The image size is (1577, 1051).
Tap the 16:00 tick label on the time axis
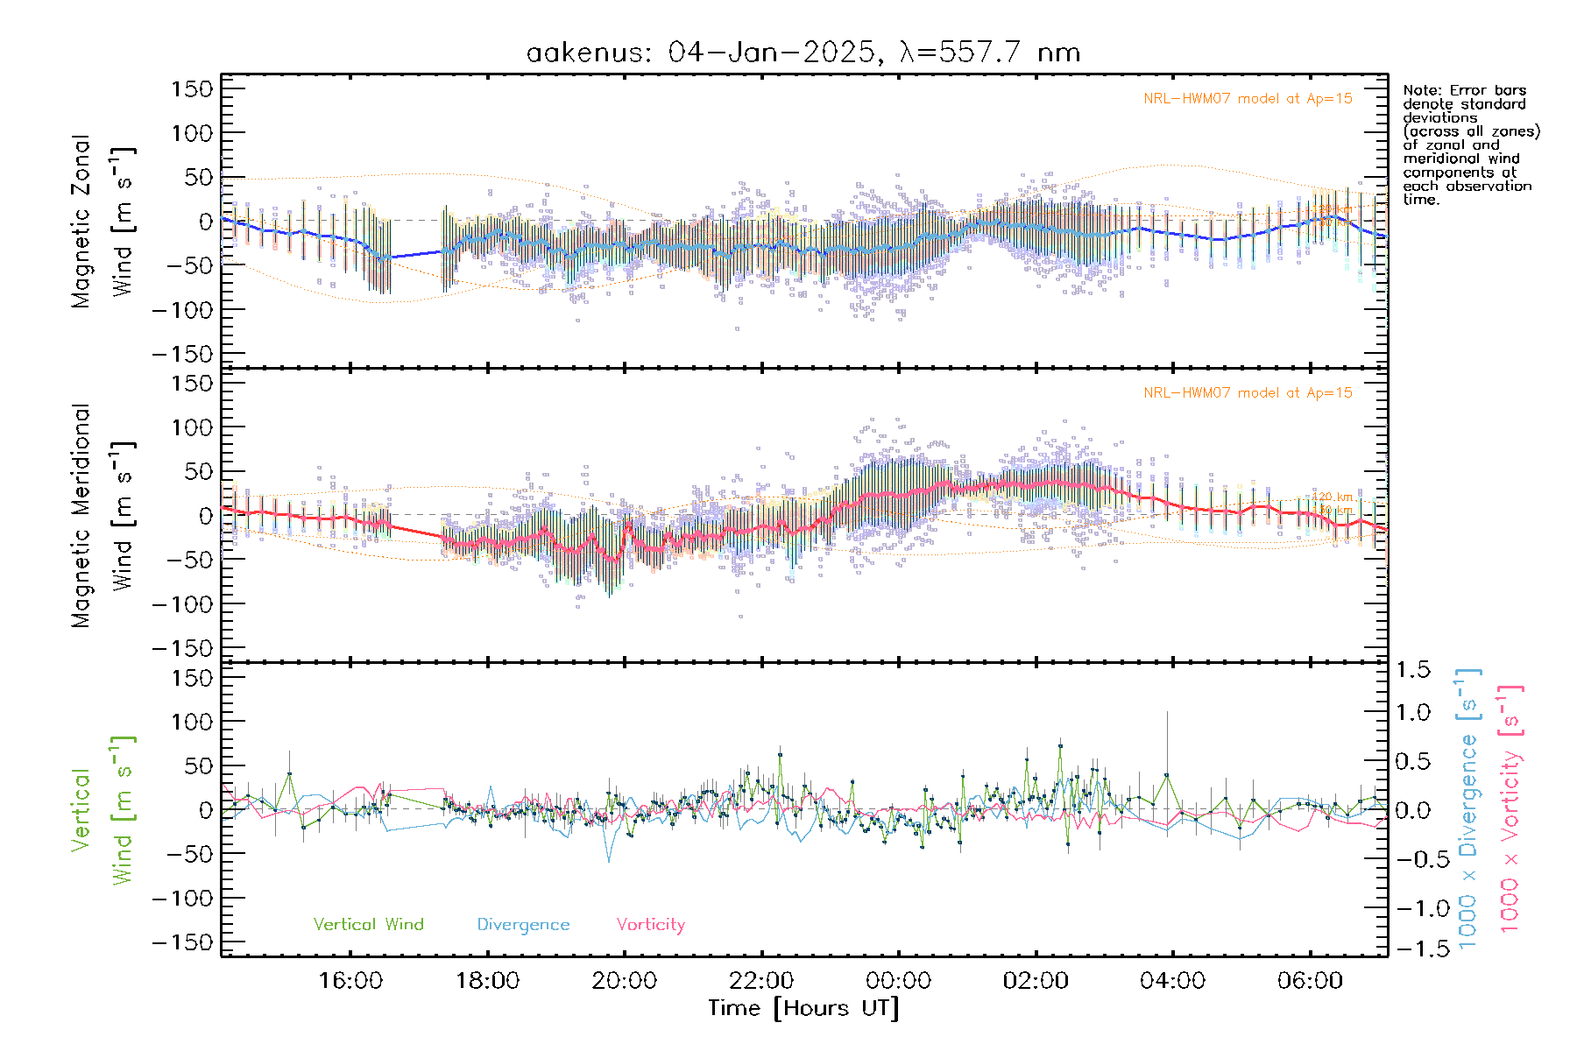click(350, 980)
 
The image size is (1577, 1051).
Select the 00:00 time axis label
click(899, 980)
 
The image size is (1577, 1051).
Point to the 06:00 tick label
click(1310, 980)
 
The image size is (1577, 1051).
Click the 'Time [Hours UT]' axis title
click(803, 1008)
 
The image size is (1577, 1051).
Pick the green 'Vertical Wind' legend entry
click(368, 924)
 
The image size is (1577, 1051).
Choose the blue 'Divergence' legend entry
click(523, 924)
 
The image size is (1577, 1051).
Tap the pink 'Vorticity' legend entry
click(650, 924)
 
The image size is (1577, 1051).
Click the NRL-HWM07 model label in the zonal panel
click(1248, 99)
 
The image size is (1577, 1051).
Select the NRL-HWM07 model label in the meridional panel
click(1248, 393)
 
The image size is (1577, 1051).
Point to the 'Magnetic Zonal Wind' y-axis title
click(103, 221)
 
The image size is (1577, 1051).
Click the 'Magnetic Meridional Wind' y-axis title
click(103, 515)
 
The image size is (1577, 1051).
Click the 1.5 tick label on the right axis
click(1412, 670)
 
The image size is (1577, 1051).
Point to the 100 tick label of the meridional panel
click(192, 427)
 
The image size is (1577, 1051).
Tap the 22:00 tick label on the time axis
click(762, 980)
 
